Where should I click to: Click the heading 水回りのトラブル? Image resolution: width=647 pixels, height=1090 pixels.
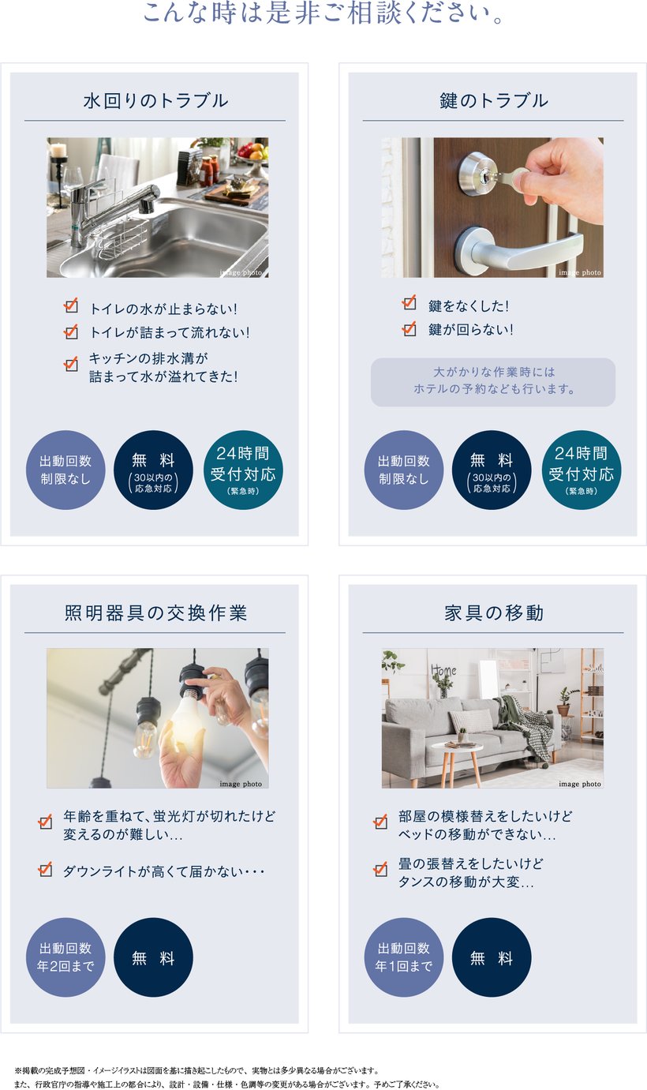coord(155,101)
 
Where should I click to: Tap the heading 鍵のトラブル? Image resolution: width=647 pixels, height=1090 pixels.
coord(493,101)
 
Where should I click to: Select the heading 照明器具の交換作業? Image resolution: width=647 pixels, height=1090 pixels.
coord(155,612)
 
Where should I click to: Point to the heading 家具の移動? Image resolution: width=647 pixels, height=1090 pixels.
coord(493,612)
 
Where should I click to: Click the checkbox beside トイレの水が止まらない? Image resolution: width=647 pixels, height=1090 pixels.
coord(71,306)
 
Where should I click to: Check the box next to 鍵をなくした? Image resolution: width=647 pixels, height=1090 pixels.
coord(410,302)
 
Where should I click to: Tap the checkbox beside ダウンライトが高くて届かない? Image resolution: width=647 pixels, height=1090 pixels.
coord(45,869)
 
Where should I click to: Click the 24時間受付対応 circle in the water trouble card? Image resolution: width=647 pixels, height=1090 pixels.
coord(243,470)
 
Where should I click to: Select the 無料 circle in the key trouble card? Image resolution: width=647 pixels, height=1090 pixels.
coord(492,470)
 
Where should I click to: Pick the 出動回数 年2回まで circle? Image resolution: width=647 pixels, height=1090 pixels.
coord(65,957)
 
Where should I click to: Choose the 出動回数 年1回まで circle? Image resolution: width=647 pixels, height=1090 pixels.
coord(404,957)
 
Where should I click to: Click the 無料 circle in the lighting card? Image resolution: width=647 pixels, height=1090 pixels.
coord(153,957)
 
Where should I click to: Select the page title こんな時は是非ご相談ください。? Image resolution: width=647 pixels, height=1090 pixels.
coord(323,13)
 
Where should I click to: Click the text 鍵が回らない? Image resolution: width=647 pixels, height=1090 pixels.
coord(470,329)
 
